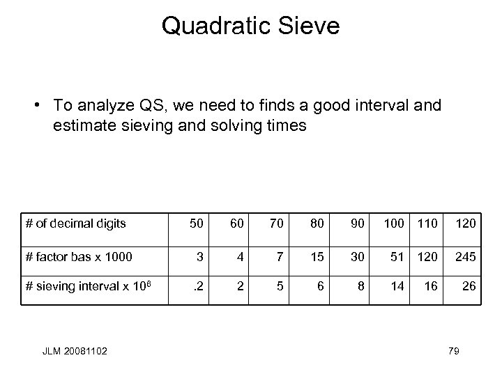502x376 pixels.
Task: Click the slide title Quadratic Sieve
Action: point(250,26)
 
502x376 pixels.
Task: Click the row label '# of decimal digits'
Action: point(75,224)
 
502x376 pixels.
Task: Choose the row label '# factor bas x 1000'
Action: point(79,256)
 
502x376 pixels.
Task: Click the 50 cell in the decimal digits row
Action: point(198,224)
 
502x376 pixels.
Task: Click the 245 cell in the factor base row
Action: point(466,256)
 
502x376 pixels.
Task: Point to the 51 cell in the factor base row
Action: point(396,256)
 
